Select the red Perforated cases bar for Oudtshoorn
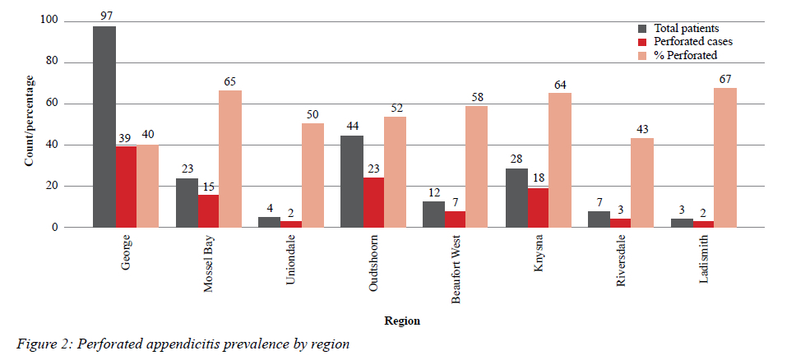click(x=373, y=202)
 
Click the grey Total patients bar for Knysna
click(x=517, y=198)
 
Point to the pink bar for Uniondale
click(x=312, y=175)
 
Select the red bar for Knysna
click(x=538, y=208)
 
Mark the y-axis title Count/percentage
click(x=29, y=120)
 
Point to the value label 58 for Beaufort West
click(x=477, y=97)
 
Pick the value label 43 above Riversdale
click(x=641, y=129)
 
